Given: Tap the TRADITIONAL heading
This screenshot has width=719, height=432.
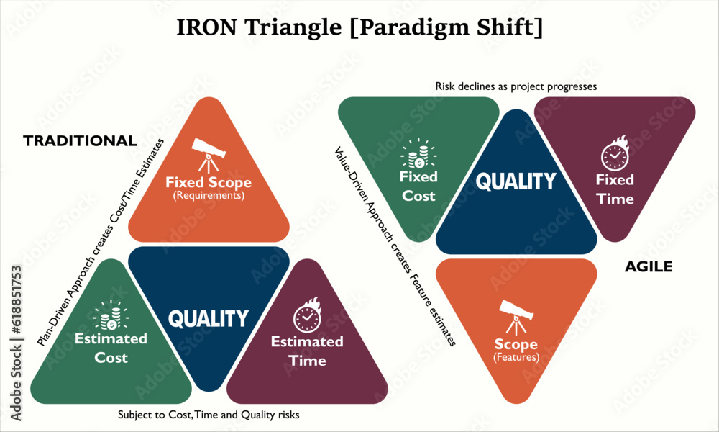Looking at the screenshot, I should point(80,140).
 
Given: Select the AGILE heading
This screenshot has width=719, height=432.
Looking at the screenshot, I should point(648,266).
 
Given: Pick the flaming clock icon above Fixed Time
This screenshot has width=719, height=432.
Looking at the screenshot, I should point(615,155).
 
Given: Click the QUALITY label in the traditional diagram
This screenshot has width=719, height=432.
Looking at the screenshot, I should point(209,318).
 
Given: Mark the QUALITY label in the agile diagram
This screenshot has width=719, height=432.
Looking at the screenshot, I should point(516,181).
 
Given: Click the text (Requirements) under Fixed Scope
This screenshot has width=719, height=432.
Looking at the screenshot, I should point(209,195).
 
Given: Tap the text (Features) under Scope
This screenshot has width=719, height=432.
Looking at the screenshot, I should point(516,357).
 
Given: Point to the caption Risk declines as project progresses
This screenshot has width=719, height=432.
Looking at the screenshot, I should point(516,86).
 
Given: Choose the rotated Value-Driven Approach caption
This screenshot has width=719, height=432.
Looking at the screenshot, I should point(395,247).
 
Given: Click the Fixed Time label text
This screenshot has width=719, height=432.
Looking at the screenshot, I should point(615,189).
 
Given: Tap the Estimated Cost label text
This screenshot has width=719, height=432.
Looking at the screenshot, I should point(111,348).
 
